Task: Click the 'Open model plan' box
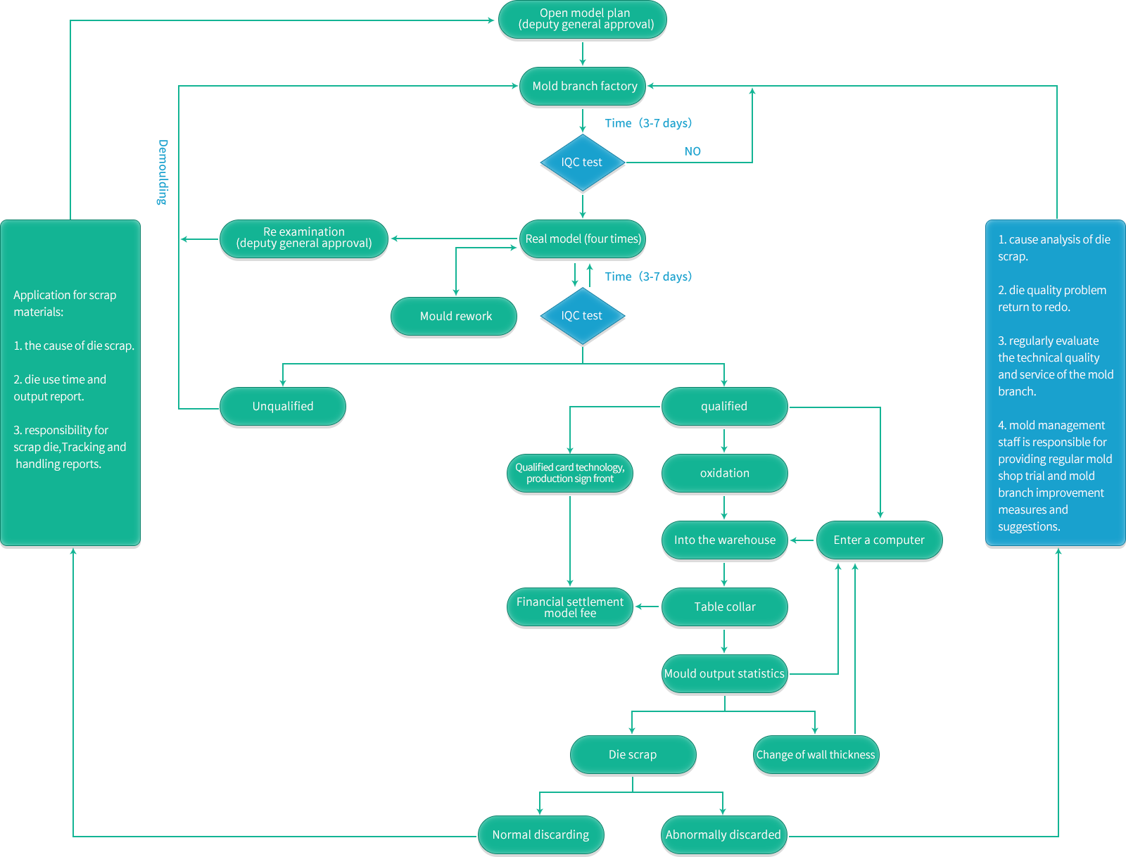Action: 584,19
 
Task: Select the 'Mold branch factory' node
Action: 584,86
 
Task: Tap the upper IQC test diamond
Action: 582,163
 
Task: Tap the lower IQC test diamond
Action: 582,316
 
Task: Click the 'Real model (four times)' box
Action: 583,239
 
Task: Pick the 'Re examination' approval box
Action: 304,238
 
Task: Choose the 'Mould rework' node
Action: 455,316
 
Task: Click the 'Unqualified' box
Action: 283,406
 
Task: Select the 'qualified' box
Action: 724,406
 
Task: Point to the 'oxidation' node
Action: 724,473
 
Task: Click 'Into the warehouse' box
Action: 724,540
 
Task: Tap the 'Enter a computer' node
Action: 879,540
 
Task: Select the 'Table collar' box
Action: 724,607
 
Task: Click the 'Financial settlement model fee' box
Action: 570,607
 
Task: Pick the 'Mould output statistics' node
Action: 724,673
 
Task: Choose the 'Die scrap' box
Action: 633,754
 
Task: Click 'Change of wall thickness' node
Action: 816,754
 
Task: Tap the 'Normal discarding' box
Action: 540,834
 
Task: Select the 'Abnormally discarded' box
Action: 723,834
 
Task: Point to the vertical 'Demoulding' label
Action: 163,172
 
